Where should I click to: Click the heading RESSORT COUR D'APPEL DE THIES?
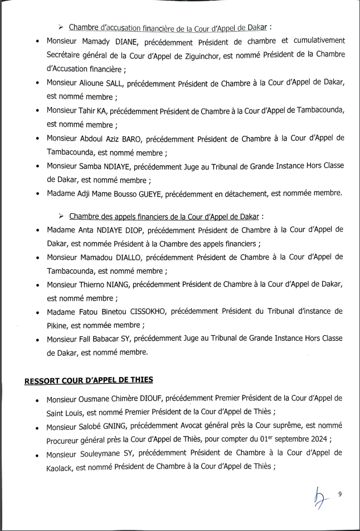point(89,381)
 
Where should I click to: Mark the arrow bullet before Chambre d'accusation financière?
point(61,27)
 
